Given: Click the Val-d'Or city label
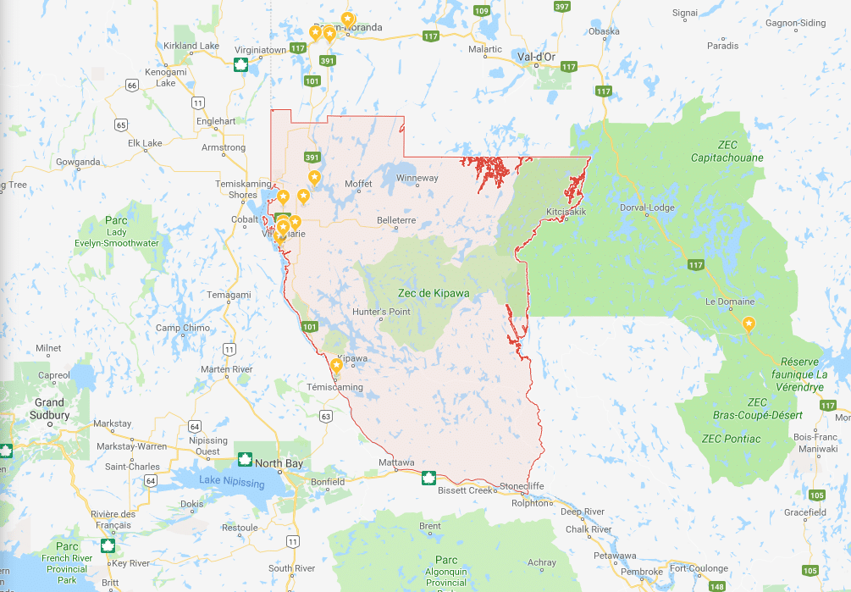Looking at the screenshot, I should (x=536, y=57).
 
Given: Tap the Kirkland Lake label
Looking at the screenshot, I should (x=191, y=46).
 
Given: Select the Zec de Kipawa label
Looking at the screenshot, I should (x=434, y=293).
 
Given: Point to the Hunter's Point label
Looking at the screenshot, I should (x=381, y=312).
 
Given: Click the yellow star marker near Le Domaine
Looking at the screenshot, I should (x=749, y=324).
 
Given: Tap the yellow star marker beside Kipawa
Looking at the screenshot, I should (x=336, y=366).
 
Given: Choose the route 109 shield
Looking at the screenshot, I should (x=481, y=10).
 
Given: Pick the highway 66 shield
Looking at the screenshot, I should (x=131, y=85).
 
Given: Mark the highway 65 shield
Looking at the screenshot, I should (x=121, y=124).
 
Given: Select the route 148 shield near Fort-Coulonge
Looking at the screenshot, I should (x=717, y=586).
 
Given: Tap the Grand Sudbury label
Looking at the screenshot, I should (x=51, y=409).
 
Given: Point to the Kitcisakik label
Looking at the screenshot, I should (x=566, y=211).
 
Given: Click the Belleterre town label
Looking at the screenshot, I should (x=396, y=220).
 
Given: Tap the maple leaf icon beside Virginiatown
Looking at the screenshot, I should (x=240, y=64).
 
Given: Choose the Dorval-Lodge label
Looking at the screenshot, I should (x=646, y=207).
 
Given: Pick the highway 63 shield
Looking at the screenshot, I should (x=326, y=416).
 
